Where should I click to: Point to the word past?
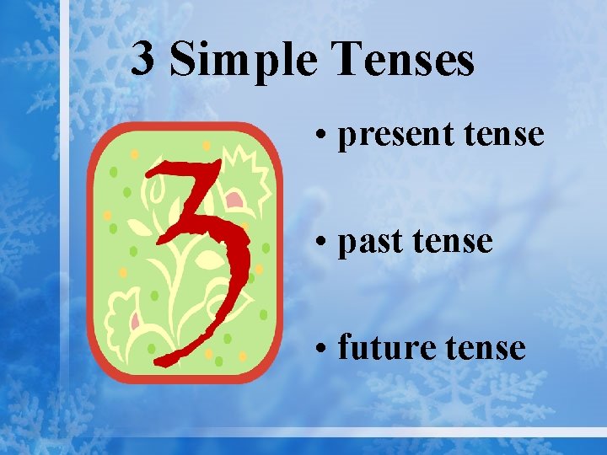[368, 242]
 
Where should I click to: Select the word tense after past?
[450, 242]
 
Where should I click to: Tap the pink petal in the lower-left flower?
[134, 319]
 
